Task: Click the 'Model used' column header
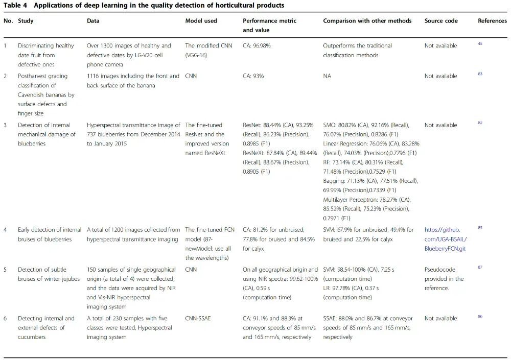(201, 21)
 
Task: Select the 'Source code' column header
(441, 21)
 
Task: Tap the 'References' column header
(492, 21)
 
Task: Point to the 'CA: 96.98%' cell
(257, 45)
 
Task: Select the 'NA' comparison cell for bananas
(327, 76)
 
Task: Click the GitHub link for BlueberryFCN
(445, 239)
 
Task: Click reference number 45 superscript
(480, 44)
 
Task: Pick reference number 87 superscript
(480, 268)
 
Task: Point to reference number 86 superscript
(480, 317)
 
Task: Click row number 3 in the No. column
(6, 125)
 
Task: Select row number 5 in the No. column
(6, 269)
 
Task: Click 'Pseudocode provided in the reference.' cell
(444, 278)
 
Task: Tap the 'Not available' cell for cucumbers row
(440, 318)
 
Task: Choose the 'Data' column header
(93, 21)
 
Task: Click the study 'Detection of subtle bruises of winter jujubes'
(47, 278)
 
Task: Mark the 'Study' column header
(26, 21)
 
